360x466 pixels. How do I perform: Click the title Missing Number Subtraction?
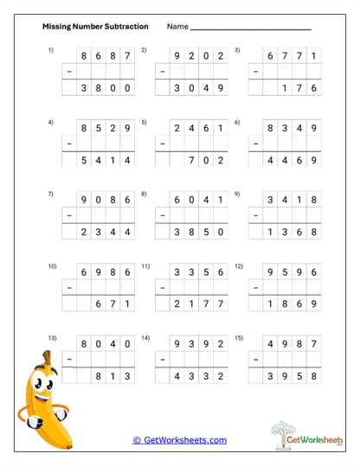(x=95, y=27)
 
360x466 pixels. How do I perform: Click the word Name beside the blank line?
(x=177, y=27)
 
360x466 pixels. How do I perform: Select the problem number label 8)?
(x=145, y=194)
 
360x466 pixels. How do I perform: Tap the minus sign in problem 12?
(x=256, y=286)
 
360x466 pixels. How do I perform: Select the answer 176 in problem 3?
(x=303, y=87)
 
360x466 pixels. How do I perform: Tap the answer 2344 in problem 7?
(x=105, y=231)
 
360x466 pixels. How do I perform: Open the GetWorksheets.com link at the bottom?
(x=179, y=440)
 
